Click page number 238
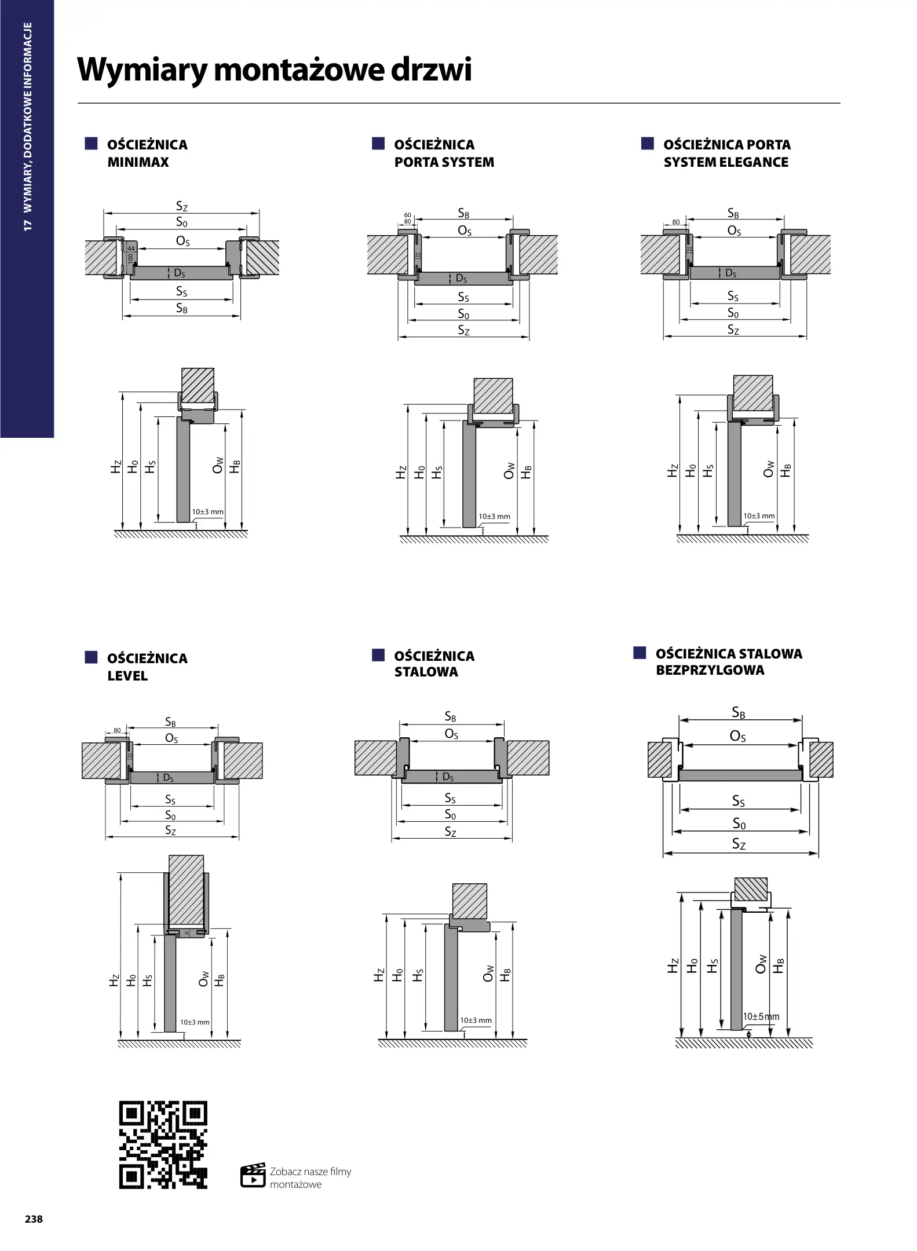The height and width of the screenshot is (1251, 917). pos(34,1219)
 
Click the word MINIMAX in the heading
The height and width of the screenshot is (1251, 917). pos(138,162)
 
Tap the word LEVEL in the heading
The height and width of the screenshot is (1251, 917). pos(127,676)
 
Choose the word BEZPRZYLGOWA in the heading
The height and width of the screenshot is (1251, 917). pos(710,670)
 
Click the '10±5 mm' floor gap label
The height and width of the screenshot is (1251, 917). pos(761,1016)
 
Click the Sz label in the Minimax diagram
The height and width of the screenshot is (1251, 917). pos(182,206)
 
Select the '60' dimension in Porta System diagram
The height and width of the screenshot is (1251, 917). pos(407,215)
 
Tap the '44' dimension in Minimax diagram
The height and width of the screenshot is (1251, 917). pos(130,248)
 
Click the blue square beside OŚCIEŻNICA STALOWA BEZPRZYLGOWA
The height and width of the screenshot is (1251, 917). pos(640,653)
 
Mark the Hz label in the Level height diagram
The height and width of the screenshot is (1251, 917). pos(115,981)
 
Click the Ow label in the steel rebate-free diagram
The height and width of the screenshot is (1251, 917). pos(761,964)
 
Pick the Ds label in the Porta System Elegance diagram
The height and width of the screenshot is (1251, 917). pos(731,273)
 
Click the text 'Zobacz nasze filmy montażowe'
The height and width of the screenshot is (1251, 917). pos(310,1177)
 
